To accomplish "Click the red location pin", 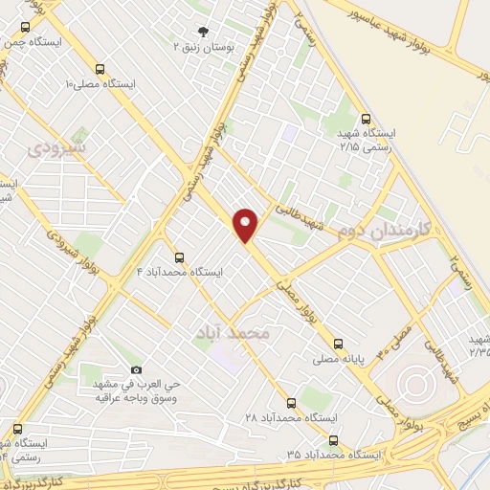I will pos(246,225).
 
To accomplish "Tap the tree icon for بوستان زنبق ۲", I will pos(202,30).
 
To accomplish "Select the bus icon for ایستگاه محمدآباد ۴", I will pos(179,256).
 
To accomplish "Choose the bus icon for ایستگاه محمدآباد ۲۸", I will pos(291,403).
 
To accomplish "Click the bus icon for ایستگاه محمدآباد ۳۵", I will pos(333,440).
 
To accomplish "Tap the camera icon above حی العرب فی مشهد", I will pos(136,370).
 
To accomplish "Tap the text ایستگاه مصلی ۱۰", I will pos(100,84).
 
